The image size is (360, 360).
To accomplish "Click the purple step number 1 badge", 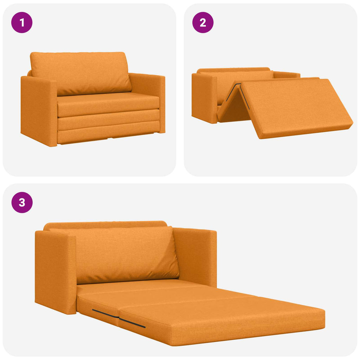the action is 22,22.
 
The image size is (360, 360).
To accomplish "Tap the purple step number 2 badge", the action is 203,22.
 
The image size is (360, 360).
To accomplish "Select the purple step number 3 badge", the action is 22,202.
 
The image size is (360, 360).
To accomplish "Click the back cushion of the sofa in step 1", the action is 81,73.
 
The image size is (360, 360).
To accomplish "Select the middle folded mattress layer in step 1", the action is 108,120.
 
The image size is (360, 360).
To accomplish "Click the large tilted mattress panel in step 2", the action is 296,108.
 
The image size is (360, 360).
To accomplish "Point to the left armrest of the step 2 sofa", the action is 204,98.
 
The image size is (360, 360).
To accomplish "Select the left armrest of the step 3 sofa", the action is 56,272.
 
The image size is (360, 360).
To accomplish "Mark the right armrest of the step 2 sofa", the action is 287,75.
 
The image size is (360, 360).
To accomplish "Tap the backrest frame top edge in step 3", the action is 105,224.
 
